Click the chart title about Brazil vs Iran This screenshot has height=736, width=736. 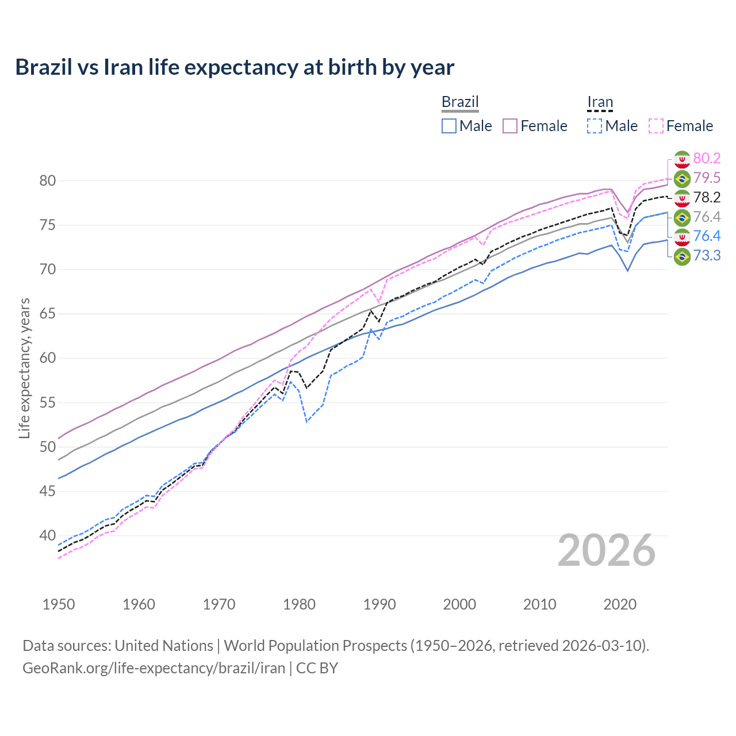[235, 67]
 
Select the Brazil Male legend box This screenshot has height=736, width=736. [449, 126]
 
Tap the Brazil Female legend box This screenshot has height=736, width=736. [511, 126]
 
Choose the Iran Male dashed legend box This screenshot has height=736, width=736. [595, 126]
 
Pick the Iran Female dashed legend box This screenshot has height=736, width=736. [656, 126]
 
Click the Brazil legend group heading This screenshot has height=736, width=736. [460, 102]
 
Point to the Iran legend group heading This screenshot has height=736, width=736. [600, 102]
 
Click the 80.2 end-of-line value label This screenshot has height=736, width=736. [707, 159]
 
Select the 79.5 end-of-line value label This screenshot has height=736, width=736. [707, 178]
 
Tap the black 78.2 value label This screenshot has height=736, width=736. [707, 198]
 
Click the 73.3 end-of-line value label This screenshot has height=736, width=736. [707, 256]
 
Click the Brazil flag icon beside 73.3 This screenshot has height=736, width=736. [682, 256]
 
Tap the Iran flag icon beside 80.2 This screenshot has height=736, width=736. [682, 159]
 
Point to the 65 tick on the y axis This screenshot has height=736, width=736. [48, 314]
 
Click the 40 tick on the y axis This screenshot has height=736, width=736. [48, 536]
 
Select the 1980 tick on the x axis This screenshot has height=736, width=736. [300, 604]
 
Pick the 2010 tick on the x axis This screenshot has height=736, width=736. [539, 604]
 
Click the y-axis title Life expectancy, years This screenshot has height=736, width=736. [24, 368]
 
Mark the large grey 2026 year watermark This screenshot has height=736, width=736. [607, 550]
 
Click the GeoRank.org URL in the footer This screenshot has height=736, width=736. [154, 668]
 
